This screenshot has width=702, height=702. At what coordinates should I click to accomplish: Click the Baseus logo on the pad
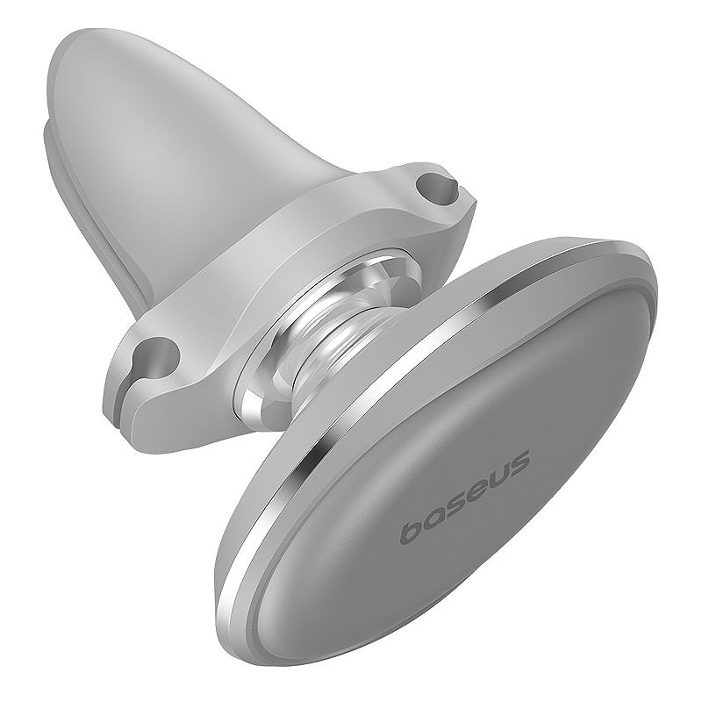(465, 497)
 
